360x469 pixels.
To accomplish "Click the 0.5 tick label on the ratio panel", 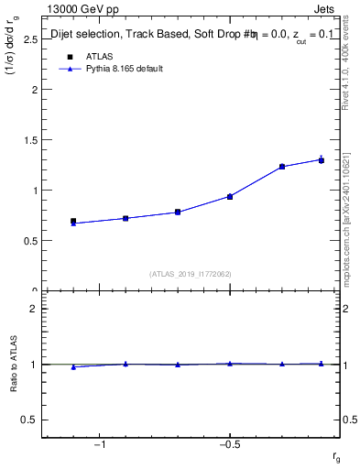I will point(29,420).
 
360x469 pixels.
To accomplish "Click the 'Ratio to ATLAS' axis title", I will point(15,364).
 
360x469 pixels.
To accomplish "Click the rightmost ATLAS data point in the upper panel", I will point(322,160).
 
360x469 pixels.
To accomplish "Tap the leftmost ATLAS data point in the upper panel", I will point(73,221).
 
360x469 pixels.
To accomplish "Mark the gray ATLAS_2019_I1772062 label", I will point(190,274).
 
